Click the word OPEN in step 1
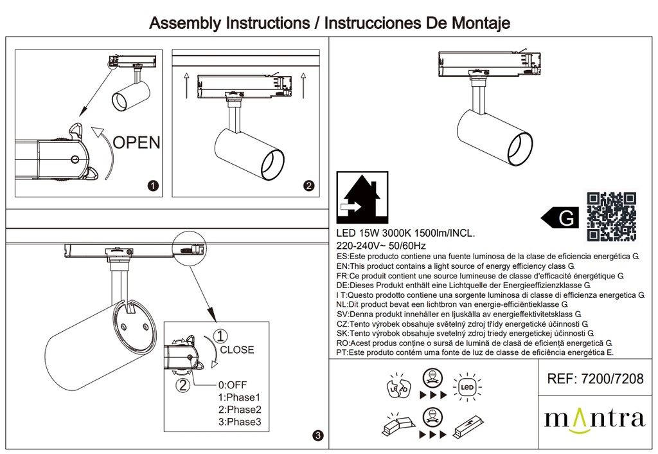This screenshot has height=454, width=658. [137, 142]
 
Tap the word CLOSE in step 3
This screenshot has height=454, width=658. [237, 350]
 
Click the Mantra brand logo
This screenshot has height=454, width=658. [594, 419]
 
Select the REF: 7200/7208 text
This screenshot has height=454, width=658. [593, 379]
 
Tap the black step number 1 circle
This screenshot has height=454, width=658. [153, 186]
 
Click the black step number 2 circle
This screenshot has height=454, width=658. [308, 186]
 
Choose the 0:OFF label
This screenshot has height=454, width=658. [233, 385]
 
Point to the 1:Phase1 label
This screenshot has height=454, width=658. [239, 397]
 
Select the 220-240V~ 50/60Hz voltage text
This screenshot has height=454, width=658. [382, 246]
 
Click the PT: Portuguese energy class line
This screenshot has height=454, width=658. [476, 353]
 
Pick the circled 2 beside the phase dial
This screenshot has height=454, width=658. [184, 386]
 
